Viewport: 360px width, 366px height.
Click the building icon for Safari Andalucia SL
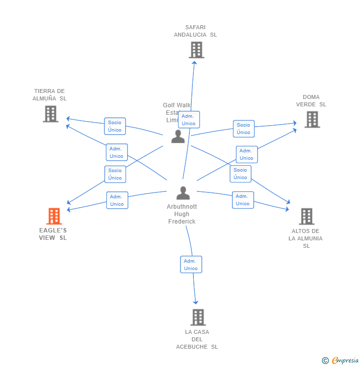point(196,50)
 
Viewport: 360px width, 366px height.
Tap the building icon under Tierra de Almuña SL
point(50,114)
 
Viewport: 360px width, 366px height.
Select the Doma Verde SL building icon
point(312,119)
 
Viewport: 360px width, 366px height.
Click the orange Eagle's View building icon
point(54,216)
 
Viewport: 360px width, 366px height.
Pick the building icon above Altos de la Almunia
point(307,216)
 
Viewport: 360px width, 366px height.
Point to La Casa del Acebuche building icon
point(198,317)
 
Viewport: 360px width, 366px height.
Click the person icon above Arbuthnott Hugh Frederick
point(183,193)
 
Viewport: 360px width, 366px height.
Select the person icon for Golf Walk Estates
point(178,137)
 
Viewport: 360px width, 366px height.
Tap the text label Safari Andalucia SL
point(195,31)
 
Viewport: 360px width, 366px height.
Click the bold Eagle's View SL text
point(53,234)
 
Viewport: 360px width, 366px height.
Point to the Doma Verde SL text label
point(311,100)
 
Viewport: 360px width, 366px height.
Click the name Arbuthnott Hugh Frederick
point(182,214)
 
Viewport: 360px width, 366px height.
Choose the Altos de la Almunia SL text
point(306,238)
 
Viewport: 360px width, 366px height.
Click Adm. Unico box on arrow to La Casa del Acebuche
point(191,265)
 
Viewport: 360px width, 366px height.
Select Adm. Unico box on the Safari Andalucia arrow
point(189,120)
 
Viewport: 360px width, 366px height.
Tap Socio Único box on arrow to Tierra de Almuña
point(115,126)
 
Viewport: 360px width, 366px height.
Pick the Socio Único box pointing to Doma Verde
point(243,129)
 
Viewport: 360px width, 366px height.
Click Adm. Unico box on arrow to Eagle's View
point(117,200)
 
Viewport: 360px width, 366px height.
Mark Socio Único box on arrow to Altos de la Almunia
point(240,174)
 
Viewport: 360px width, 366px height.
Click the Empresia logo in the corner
point(340,361)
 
